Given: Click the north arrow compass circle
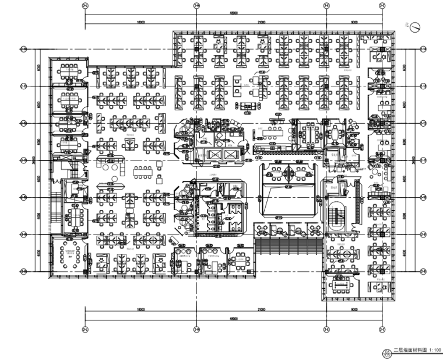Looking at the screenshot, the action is (416, 27).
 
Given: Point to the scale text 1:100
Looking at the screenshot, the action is (435, 351).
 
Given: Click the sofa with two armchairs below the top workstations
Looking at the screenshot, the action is (247, 106).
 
